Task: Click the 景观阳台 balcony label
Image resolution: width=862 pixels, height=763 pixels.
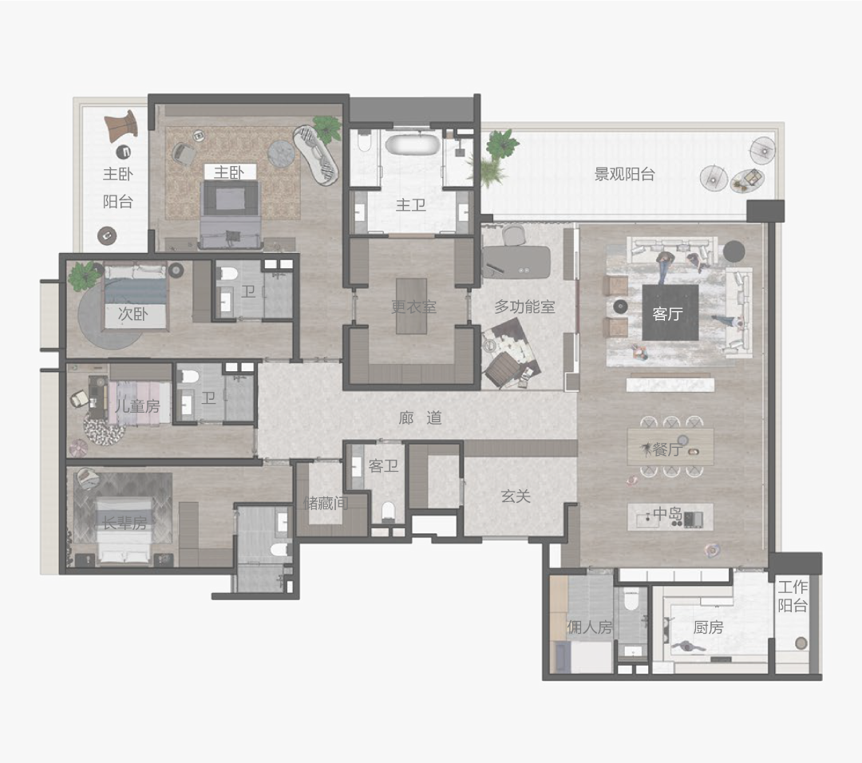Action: coord(624,174)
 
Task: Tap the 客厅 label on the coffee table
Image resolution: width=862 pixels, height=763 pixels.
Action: coord(667,314)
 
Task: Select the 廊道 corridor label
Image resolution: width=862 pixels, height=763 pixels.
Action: coord(421,417)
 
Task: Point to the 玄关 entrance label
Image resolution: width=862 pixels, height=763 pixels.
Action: coord(516,496)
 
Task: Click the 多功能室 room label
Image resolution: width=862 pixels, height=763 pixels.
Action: coord(524,306)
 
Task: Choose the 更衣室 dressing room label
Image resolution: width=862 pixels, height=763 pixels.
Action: coord(413,306)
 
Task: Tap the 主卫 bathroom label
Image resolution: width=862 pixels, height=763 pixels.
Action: coord(411,205)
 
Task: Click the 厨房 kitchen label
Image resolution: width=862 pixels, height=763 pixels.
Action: coord(708,627)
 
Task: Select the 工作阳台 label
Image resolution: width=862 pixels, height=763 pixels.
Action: coord(793,596)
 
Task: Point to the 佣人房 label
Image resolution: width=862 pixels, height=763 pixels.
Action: coord(589,627)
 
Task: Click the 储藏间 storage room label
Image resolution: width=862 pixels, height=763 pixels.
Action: coord(326,503)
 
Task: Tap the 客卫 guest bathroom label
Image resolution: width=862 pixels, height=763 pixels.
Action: coord(383,466)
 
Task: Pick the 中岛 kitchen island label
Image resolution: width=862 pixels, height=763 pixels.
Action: coord(667,514)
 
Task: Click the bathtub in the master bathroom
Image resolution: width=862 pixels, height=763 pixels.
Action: coord(413,144)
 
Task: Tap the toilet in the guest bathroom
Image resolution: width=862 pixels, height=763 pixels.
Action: coord(389,511)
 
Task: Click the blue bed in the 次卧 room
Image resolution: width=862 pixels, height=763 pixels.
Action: coord(135,298)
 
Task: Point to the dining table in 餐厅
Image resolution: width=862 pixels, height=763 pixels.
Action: coord(670,446)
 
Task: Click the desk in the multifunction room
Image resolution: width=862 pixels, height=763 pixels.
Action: coord(516,260)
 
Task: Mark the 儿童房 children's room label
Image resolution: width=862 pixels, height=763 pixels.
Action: coord(137,406)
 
